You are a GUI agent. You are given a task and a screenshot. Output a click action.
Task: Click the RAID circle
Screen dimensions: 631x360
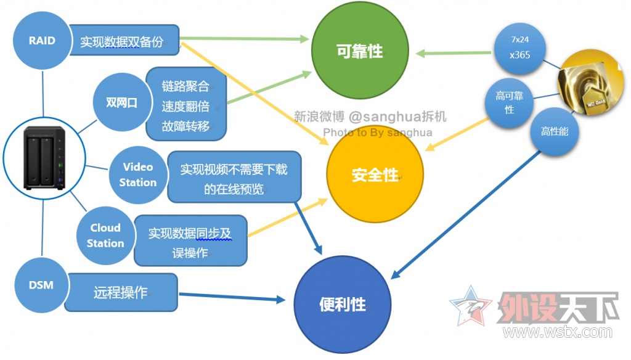point(42,40)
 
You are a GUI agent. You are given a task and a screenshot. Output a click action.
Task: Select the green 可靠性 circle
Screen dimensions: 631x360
point(360,51)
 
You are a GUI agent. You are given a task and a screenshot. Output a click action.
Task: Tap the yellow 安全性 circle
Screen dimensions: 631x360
point(375,174)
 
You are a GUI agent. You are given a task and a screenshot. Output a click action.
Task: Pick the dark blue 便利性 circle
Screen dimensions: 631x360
point(343,305)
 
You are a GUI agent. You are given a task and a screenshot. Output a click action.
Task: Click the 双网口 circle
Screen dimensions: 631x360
point(121,102)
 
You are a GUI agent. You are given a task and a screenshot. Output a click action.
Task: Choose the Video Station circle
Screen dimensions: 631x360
point(137,175)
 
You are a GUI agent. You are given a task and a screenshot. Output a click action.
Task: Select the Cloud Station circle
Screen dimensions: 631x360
point(105,235)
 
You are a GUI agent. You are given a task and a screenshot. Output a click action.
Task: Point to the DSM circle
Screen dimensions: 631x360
point(41,285)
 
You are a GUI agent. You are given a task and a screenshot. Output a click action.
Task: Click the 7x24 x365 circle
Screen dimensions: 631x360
point(519,48)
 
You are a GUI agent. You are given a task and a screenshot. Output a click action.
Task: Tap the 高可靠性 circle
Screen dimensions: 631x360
point(510,103)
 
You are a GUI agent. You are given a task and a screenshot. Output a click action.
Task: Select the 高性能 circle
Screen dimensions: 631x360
point(555,132)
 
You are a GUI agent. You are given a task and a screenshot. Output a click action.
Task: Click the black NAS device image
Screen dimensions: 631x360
point(44,157)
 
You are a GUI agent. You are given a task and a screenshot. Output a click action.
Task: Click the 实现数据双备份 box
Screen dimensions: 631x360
point(124,40)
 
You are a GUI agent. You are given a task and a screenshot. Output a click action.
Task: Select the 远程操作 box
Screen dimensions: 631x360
point(121,292)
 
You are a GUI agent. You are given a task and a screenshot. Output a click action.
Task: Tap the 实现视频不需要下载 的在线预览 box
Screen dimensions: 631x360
point(234,177)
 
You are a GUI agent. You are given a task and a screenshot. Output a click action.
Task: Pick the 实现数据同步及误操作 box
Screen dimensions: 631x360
point(190,240)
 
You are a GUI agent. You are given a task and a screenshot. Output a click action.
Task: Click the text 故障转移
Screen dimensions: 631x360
point(185,126)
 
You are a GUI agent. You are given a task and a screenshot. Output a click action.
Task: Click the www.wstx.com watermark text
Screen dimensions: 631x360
point(557,332)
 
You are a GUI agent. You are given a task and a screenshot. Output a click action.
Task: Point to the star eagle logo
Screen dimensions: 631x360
point(471,306)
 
